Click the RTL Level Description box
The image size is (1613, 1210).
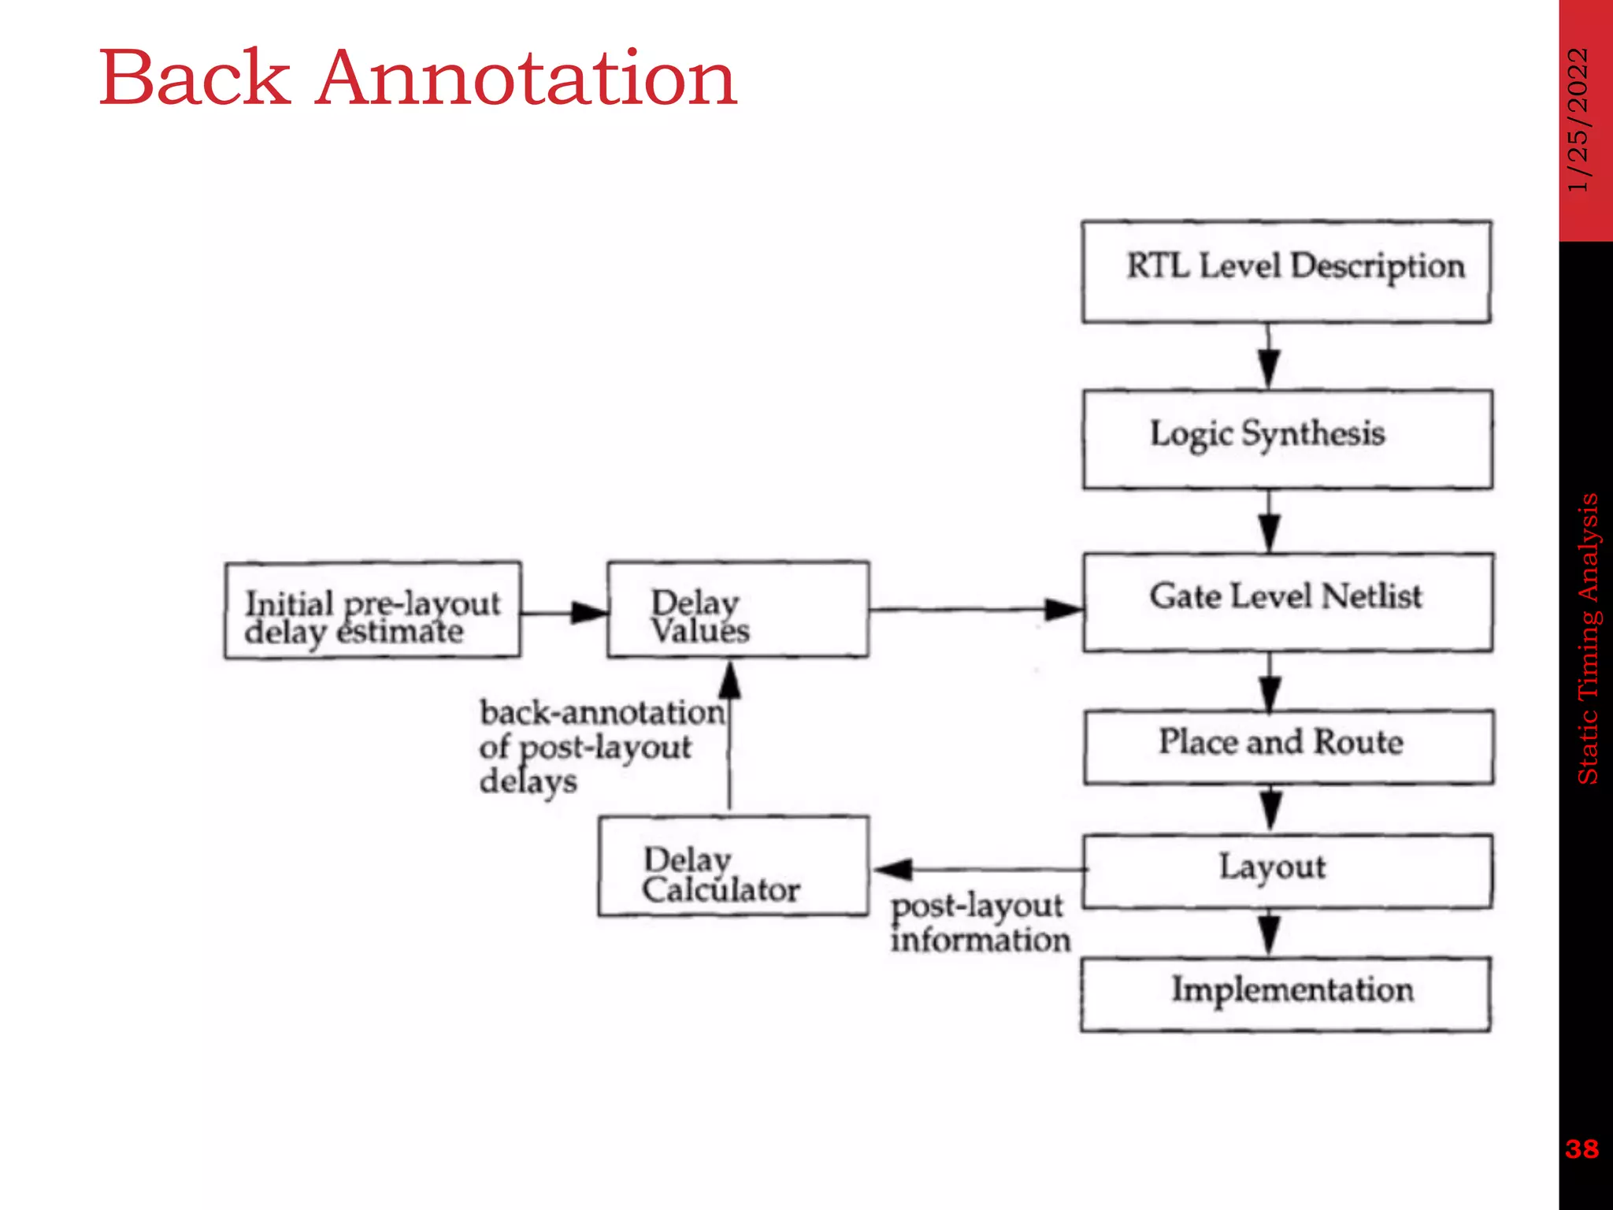click(x=1286, y=272)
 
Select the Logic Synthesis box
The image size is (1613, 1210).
click(x=1287, y=440)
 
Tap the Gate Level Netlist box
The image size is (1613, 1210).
click(x=1287, y=603)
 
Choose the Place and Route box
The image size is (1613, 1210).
click(x=1288, y=747)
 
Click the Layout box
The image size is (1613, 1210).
click(x=1287, y=871)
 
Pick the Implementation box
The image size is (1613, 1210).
click(x=1285, y=994)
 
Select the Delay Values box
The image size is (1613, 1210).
click(x=738, y=609)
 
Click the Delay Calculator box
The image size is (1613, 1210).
click(x=733, y=866)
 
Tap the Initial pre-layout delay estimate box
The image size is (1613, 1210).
click(x=373, y=611)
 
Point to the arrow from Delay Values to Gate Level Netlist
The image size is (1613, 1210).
click(x=977, y=609)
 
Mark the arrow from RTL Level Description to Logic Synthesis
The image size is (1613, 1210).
click(x=1268, y=355)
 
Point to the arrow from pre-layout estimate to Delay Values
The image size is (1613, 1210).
click(x=564, y=612)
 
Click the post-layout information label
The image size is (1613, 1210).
click(x=980, y=923)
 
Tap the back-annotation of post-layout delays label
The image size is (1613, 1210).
click(x=600, y=746)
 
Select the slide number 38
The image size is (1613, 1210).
click(x=1582, y=1149)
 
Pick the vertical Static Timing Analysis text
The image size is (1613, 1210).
click(x=1588, y=638)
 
